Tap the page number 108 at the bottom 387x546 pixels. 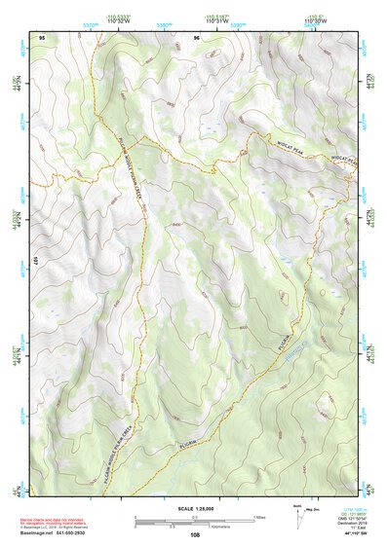[x=195, y=534]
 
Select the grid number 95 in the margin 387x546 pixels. [x=42, y=37]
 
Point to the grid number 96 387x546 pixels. [x=197, y=37]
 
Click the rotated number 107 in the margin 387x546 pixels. [x=35, y=261]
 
